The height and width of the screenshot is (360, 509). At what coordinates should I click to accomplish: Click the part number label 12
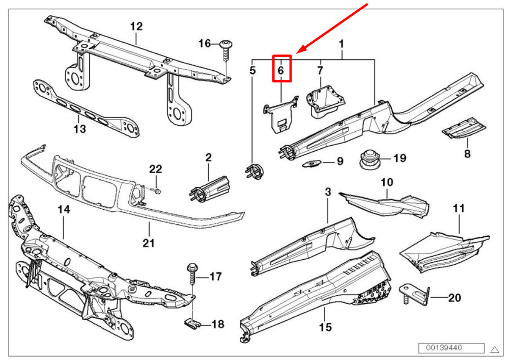point(136,26)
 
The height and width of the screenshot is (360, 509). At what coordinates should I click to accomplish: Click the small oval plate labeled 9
point(312,163)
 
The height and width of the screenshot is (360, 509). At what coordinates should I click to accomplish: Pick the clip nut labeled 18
point(191,323)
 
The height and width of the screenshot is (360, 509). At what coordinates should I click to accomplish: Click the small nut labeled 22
point(157,191)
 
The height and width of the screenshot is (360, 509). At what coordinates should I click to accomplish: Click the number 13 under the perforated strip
point(79,129)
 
